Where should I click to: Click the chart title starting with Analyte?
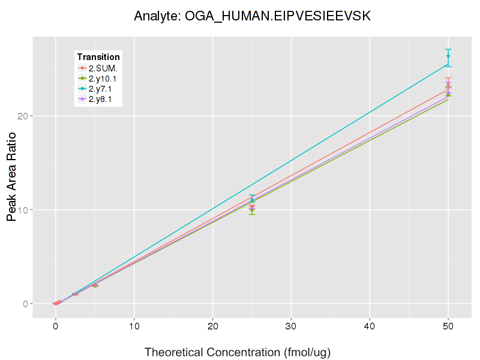pyautogui.click(x=252, y=16)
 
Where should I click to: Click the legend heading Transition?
pyautogui.click(x=98, y=57)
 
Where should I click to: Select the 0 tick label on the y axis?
pyautogui.click(x=25, y=304)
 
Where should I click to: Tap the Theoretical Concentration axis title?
pyautogui.click(x=238, y=352)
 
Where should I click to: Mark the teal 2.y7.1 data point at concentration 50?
pyautogui.click(x=448, y=56)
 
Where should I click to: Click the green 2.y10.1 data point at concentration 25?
pyautogui.click(x=252, y=210)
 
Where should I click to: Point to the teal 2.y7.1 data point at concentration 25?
pyautogui.click(x=252, y=199)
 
